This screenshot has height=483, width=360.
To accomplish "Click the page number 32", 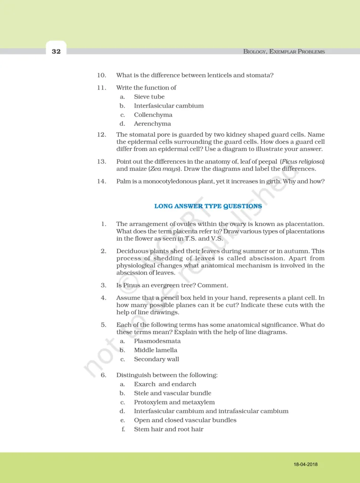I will point(56,51).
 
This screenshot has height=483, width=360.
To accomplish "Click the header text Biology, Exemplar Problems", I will point(284,51).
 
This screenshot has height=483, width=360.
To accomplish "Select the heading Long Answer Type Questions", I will point(208,206).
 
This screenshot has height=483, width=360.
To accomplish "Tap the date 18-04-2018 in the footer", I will point(305,465).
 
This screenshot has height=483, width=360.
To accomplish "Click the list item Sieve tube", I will point(149,97).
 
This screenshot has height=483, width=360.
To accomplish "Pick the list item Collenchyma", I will point(153,115).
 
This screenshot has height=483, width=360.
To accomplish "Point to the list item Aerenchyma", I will point(152,124).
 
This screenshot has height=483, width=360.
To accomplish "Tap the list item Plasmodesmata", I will point(157,341).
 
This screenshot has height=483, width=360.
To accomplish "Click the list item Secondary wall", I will point(156,359).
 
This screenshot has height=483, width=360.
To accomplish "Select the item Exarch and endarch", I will point(165,384).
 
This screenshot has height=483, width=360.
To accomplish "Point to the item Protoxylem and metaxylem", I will point(174,402).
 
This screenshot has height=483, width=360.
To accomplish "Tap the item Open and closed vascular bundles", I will point(185,420).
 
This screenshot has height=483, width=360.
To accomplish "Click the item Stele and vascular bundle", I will point(172,393).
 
